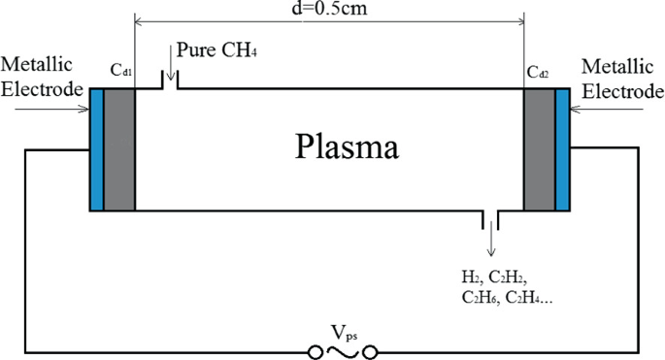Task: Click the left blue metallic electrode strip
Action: [96, 149]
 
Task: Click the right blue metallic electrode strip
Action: [563, 149]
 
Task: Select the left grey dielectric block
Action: [118, 149]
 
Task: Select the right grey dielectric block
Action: [539, 149]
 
